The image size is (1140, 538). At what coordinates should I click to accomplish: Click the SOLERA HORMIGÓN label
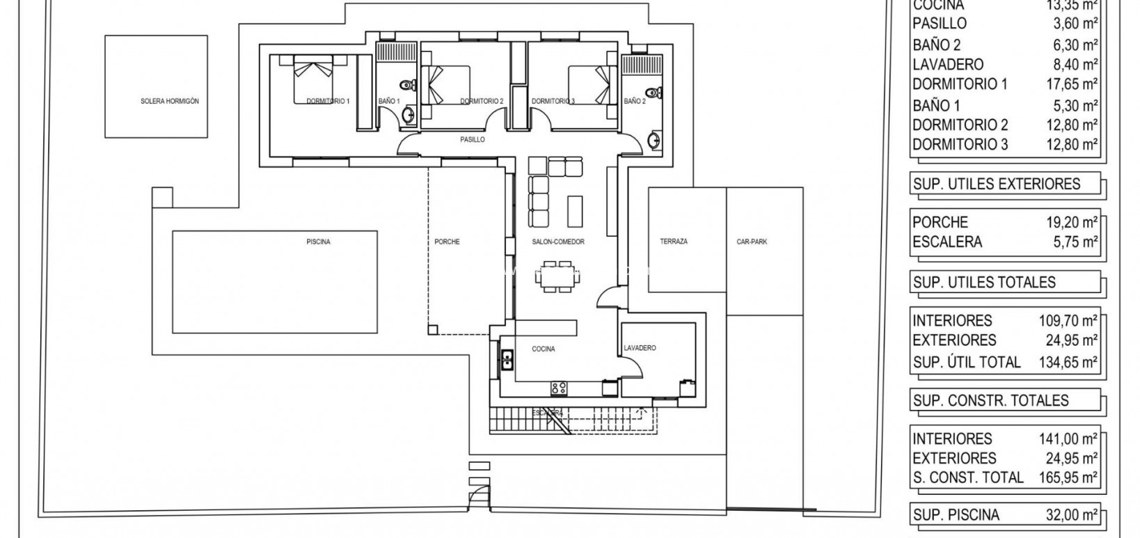tap(169, 102)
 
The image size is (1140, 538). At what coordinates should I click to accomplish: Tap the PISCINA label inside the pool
tap(318, 242)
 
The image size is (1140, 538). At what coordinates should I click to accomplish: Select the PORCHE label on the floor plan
tap(447, 242)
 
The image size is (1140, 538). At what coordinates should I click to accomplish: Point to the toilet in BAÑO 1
tap(413, 86)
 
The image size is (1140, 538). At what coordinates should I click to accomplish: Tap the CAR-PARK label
tap(752, 242)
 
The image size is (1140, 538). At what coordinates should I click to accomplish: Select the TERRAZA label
tap(674, 242)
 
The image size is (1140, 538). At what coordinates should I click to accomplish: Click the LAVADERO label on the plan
tap(640, 348)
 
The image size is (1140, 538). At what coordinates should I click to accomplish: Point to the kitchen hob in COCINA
tap(558, 388)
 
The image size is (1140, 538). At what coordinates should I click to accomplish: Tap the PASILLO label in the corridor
tap(473, 140)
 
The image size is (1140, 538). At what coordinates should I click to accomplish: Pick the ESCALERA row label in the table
tap(947, 242)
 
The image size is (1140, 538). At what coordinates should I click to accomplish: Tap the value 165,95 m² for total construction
tap(1067, 477)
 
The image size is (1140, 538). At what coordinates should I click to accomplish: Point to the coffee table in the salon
tap(575, 211)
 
